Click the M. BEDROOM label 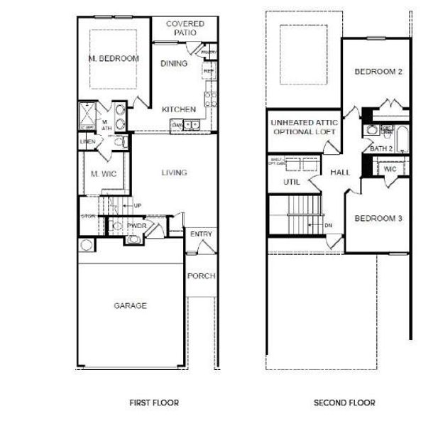[114, 58]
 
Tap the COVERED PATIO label [185, 28]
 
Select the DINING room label [174, 64]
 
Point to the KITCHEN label [178, 109]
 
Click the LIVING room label [174, 173]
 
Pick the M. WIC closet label [103, 174]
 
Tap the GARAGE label [131, 306]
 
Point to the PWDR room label [136, 226]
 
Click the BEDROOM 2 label [378, 72]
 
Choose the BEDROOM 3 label [378, 218]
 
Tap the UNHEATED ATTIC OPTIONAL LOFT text [304, 128]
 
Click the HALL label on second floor [341, 173]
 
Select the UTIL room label [292, 182]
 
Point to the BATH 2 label [382, 148]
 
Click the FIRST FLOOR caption [153, 403]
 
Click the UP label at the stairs [138, 206]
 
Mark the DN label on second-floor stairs [328, 226]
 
